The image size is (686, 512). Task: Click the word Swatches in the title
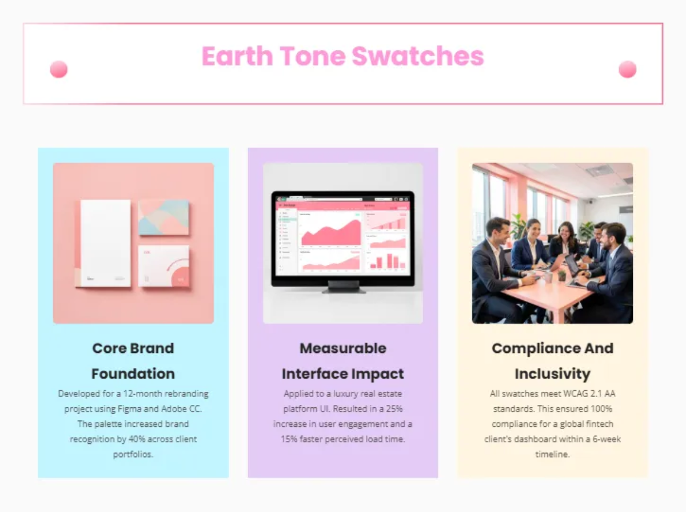tap(417, 56)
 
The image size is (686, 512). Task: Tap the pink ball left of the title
tap(59, 69)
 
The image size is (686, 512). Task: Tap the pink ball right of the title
tap(627, 69)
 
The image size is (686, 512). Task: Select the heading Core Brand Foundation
tap(133, 361)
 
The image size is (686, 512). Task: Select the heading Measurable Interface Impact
tap(343, 361)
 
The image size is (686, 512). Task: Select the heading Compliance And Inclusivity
tap(552, 361)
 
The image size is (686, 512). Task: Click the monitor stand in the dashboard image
tap(343, 287)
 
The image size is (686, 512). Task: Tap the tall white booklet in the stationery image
tap(105, 243)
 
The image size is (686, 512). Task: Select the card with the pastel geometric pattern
tap(163, 217)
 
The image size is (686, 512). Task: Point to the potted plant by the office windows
tap(518, 226)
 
